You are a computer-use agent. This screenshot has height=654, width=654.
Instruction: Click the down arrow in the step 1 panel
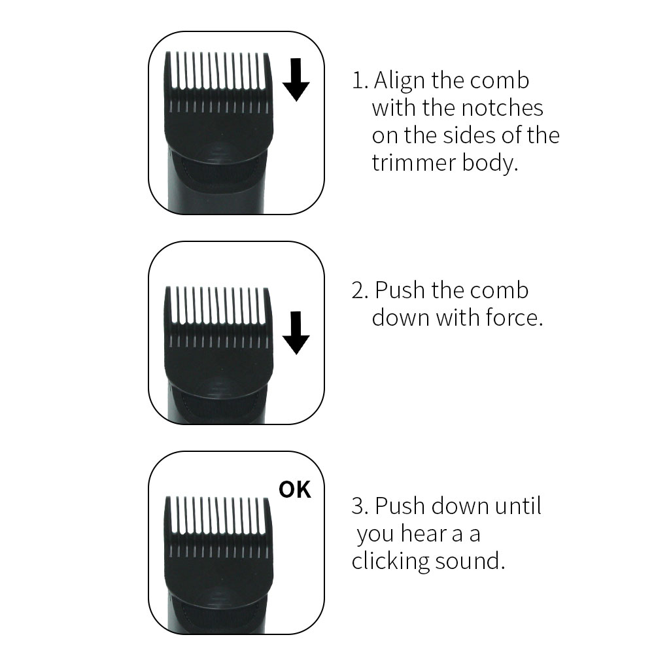click(x=296, y=79)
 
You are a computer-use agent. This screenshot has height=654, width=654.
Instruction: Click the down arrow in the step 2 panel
click(x=296, y=332)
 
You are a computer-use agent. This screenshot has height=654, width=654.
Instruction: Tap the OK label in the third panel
click(x=295, y=490)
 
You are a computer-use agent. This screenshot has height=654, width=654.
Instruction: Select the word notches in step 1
click(x=502, y=108)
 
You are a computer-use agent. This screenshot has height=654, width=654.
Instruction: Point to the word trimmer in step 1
click(x=414, y=163)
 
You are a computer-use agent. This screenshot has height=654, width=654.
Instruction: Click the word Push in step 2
click(x=400, y=290)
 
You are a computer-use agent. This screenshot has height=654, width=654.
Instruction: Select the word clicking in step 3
click(x=390, y=561)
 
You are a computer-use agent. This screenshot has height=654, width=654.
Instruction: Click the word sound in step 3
click(x=470, y=561)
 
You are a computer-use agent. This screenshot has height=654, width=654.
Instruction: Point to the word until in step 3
click(x=518, y=506)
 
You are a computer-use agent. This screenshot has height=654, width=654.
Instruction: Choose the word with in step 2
click(x=458, y=318)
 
